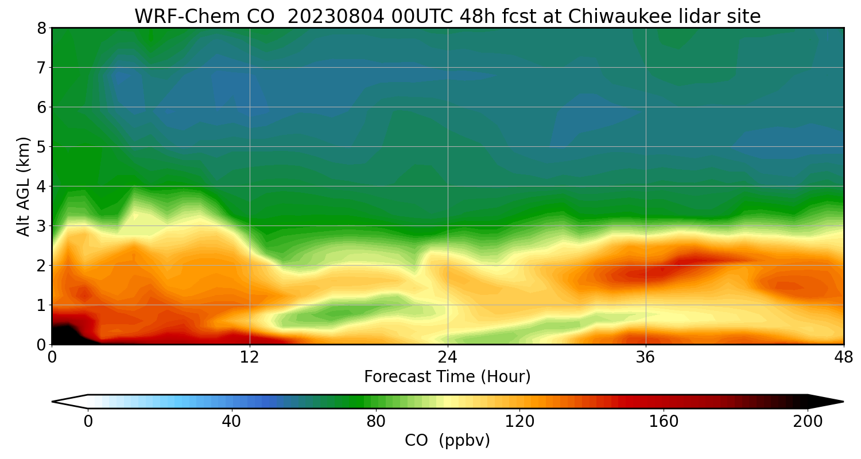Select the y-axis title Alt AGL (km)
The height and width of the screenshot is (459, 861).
point(24,186)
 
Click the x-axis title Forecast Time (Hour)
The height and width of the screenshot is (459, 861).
point(447,377)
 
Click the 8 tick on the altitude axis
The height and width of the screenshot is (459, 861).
point(42,28)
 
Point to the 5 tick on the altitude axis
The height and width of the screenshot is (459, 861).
point(42,147)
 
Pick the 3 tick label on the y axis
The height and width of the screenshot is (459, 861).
point(42,226)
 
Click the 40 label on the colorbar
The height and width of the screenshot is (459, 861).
point(231,422)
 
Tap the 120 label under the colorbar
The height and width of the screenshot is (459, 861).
point(519,422)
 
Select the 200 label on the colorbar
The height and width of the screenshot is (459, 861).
point(808,422)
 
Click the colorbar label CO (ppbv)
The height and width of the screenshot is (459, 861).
point(447,441)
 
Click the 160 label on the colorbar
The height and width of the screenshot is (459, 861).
point(664,422)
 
